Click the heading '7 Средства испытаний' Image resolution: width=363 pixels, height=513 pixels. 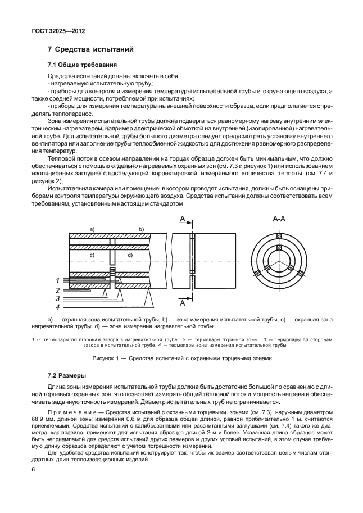tap(91, 50)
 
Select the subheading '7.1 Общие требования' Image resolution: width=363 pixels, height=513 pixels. tap(82, 65)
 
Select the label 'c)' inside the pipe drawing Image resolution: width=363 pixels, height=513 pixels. tap(92, 255)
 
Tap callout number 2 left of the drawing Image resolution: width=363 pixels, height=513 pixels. tap(57, 290)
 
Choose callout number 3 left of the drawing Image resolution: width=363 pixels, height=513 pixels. tap(57, 298)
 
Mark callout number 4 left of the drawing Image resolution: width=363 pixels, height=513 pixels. tap(57, 307)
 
